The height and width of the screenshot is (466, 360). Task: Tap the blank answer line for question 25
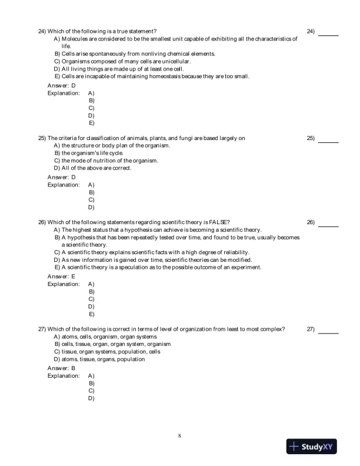(x=328, y=142)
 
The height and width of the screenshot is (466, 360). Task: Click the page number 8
(x=179, y=436)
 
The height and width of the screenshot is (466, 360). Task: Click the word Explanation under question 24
(x=64, y=93)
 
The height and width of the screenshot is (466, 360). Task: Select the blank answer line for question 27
(x=328, y=333)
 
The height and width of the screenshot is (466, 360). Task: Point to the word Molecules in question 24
(x=75, y=38)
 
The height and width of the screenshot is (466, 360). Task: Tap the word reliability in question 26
(x=234, y=252)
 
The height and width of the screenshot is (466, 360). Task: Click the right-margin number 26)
(x=311, y=222)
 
